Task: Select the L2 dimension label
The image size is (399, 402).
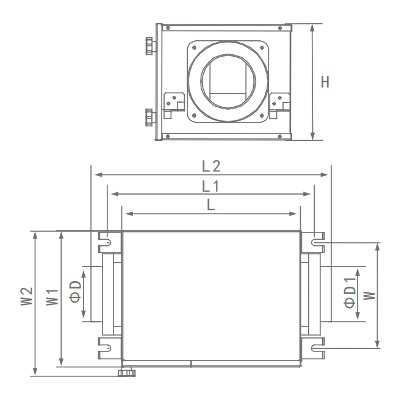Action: pos(211,165)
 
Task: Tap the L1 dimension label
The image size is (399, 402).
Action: pos(211,185)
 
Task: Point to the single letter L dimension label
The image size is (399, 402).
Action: pos(210,206)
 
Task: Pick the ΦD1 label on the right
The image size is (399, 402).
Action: pos(350,293)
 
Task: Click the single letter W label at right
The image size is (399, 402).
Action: pos(368,295)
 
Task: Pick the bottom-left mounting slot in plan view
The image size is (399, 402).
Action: pos(106,348)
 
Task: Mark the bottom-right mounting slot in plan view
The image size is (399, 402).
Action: pos(316,348)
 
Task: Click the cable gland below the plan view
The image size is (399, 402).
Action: pos(127,372)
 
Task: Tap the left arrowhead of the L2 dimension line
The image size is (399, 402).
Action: pos(93,175)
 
